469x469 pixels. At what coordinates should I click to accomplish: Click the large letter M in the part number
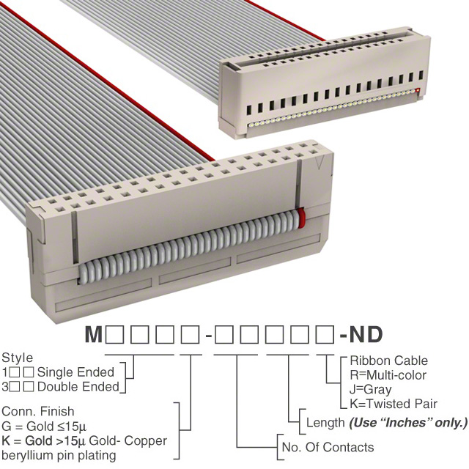[94, 334]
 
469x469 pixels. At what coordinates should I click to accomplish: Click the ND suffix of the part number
[366, 334]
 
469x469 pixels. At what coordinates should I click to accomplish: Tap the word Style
[18, 358]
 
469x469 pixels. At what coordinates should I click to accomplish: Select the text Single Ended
[75, 372]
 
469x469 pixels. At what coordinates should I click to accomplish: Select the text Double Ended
[78, 387]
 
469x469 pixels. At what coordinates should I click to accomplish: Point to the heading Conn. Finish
[37, 412]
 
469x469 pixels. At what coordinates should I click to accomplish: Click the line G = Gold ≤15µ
[44, 426]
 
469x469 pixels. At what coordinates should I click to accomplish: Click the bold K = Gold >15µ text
[43, 441]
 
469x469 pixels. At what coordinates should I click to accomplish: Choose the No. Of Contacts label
[328, 448]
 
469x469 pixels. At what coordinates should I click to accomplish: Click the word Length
[325, 423]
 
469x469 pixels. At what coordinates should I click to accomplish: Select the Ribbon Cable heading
[389, 361]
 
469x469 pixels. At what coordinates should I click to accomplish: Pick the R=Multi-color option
[388, 375]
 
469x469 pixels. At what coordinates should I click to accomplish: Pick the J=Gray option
[370, 390]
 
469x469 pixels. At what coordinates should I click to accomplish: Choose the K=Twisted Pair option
[394, 404]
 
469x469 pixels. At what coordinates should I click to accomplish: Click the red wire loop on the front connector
[301, 218]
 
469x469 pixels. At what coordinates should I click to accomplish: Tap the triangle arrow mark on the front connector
[320, 163]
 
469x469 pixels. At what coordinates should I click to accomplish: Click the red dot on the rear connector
[418, 90]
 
